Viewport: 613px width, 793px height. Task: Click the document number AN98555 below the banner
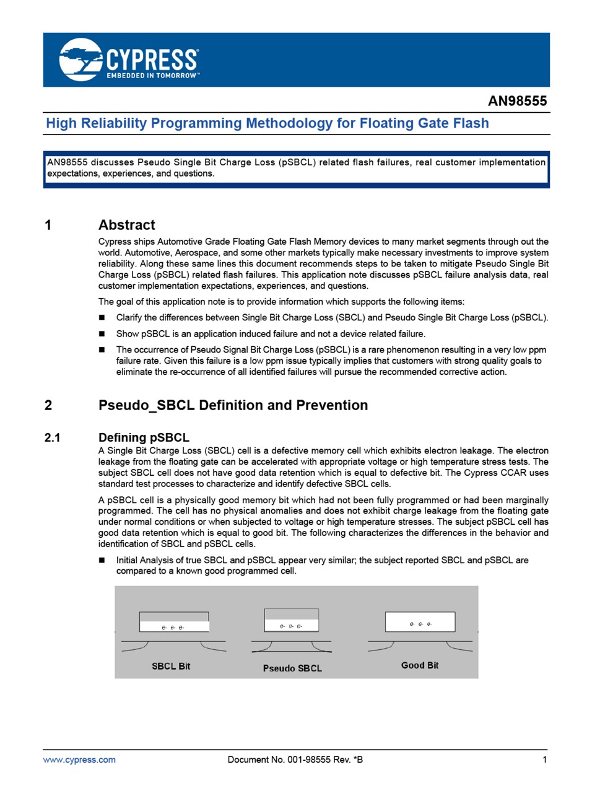(x=517, y=101)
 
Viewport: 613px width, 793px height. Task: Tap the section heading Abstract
(x=126, y=225)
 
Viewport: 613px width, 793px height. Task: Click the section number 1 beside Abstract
(x=48, y=225)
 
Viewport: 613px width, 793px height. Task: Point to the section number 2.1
(x=53, y=438)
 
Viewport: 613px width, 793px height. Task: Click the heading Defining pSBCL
(x=144, y=438)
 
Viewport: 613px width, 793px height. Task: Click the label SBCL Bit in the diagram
(x=171, y=666)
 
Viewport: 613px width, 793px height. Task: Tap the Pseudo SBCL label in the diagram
(x=292, y=668)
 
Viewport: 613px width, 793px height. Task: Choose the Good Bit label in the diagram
(x=420, y=665)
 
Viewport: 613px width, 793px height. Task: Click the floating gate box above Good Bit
(x=420, y=621)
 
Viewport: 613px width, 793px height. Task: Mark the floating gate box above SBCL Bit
(x=174, y=621)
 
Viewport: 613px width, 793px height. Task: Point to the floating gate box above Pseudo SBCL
(x=291, y=620)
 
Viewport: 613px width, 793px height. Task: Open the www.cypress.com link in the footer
(x=79, y=760)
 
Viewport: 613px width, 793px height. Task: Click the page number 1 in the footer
(x=544, y=760)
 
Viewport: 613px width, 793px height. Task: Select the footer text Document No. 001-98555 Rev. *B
(x=295, y=760)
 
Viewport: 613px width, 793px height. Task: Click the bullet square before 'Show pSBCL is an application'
(x=102, y=334)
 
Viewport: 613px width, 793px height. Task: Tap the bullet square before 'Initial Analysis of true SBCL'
(x=102, y=560)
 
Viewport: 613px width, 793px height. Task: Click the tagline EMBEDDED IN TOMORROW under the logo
(x=152, y=76)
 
